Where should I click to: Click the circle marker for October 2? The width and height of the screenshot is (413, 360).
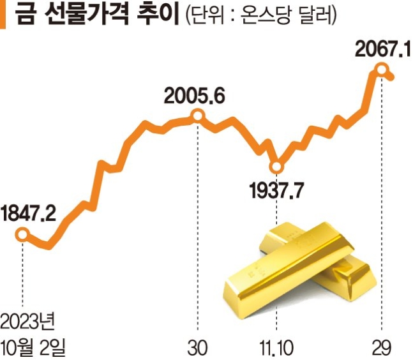(x=22, y=235)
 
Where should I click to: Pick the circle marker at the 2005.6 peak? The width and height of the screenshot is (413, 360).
(x=198, y=116)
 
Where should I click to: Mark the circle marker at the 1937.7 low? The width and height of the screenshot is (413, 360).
(x=276, y=168)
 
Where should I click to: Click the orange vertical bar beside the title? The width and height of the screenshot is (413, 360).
(x=3, y=15)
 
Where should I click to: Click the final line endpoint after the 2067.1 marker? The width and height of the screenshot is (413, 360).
(x=396, y=77)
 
